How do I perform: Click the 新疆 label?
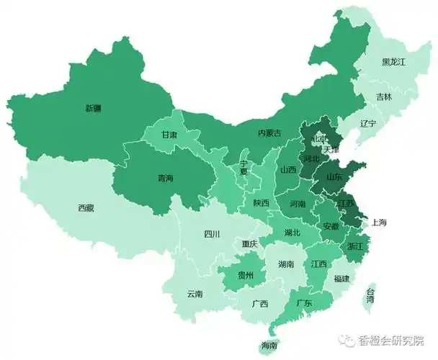coord(93,109)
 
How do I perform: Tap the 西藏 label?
coord(86,208)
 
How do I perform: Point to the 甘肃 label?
coord(169,135)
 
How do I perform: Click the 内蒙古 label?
coord(269,133)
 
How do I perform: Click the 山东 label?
coord(335,176)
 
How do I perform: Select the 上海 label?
coord(379,222)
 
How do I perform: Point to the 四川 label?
coord(212,234)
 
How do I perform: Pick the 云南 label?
coord(195,294)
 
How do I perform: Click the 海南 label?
coord(269,346)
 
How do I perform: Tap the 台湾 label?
coord(370,294)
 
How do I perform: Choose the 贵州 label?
coord(246,275)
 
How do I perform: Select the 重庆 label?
coord(250,243)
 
